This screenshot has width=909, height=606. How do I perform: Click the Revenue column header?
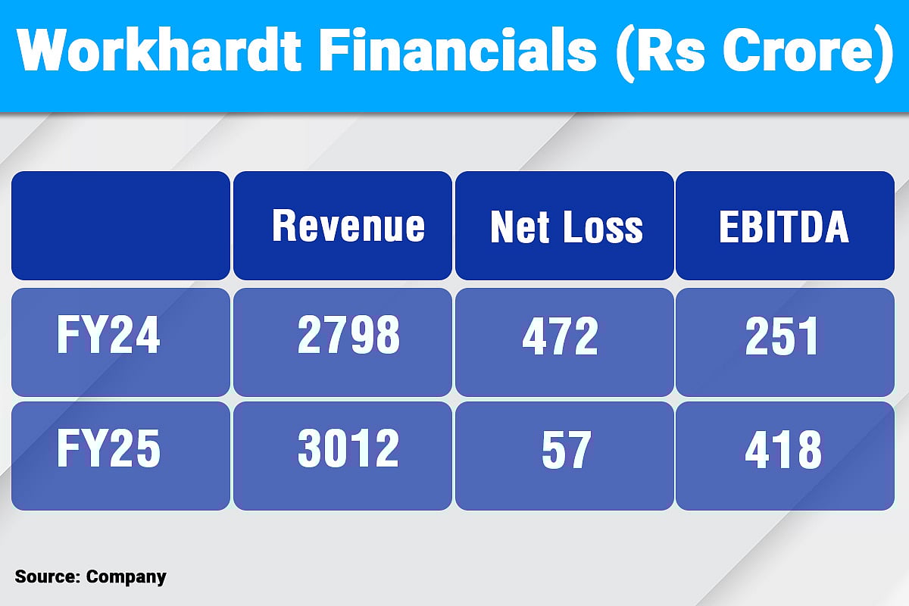pos(348,226)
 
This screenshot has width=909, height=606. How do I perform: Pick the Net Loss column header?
pos(566,226)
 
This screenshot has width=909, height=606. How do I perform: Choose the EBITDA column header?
pos(784,226)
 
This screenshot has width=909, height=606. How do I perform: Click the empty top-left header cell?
pos(120,226)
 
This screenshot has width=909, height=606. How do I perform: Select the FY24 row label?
pos(108,336)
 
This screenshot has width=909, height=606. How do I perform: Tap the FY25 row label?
pos(108,450)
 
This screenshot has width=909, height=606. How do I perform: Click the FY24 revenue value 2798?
pos(348,336)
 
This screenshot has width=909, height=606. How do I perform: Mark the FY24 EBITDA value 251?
pos(782,336)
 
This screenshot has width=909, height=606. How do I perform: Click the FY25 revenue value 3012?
pos(348,450)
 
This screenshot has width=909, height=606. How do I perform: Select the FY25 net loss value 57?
pos(564,450)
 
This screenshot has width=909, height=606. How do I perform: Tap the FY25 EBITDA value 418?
pos(783,450)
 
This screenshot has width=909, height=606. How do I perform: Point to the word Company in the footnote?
pos(126,577)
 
